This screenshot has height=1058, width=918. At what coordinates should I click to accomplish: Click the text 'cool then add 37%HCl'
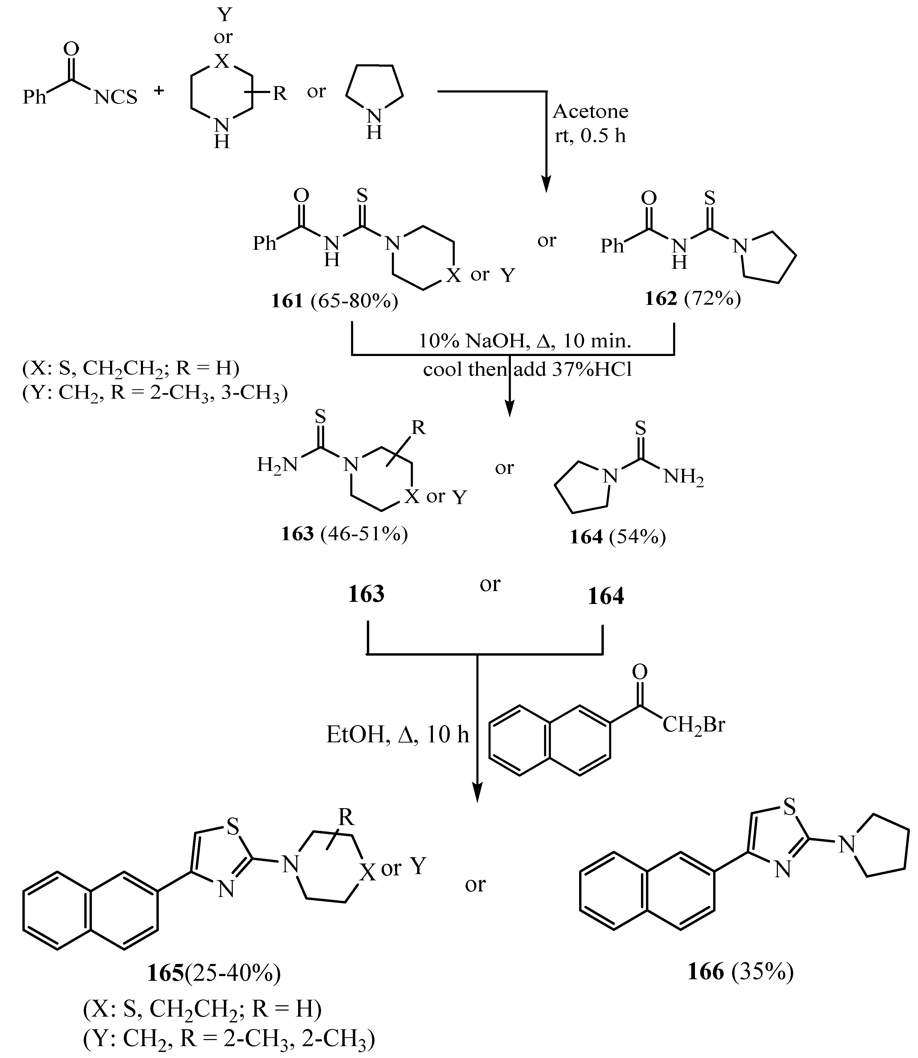(x=528, y=369)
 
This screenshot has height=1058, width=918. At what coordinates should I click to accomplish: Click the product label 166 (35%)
(x=740, y=971)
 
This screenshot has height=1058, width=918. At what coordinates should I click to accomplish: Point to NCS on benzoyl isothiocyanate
(x=116, y=97)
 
